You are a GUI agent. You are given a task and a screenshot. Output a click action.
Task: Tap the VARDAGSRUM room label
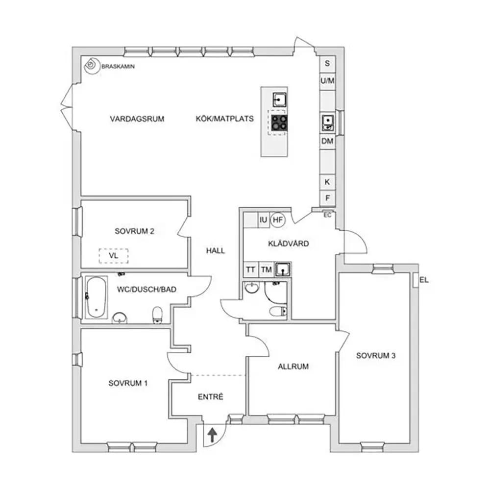[x=137, y=119]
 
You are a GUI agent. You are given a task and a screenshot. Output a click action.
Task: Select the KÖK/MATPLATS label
[x=224, y=119]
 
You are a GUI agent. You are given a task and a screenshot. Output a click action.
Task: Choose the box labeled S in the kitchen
[x=327, y=64]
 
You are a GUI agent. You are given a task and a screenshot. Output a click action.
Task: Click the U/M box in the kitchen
[x=327, y=81]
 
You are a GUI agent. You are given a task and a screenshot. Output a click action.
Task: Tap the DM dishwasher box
[x=327, y=141]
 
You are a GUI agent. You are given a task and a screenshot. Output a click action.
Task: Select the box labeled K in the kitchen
[x=327, y=181]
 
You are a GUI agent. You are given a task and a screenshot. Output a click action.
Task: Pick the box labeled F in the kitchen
[x=327, y=198]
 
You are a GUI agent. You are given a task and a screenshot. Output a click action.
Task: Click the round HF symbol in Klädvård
[x=277, y=220]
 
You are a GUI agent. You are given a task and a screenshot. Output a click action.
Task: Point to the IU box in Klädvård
[x=263, y=220]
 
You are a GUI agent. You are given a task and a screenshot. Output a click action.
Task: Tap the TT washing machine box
[x=250, y=269]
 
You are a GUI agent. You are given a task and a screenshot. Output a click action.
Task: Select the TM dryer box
[x=266, y=269]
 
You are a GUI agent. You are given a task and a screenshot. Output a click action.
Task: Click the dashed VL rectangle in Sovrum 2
[x=113, y=256]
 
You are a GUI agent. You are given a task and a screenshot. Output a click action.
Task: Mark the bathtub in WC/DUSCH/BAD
[x=96, y=297]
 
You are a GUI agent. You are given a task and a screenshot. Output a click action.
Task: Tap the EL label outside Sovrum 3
[x=424, y=281]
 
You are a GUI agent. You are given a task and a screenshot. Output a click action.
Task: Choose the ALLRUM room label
[x=293, y=366]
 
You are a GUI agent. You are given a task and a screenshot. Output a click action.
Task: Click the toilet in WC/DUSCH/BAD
[x=157, y=315]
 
